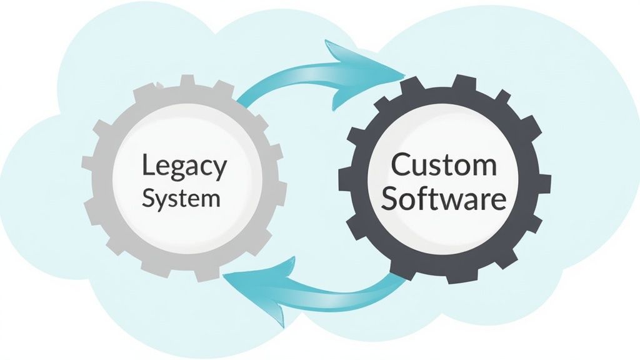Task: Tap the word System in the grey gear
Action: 181,199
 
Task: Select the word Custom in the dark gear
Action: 444,166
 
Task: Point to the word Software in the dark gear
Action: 444,199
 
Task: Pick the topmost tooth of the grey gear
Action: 186,82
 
